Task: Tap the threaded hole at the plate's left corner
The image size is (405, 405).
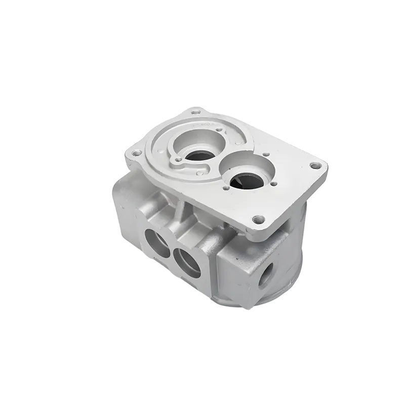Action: (x=134, y=153)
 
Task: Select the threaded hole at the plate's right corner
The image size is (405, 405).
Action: (x=317, y=165)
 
